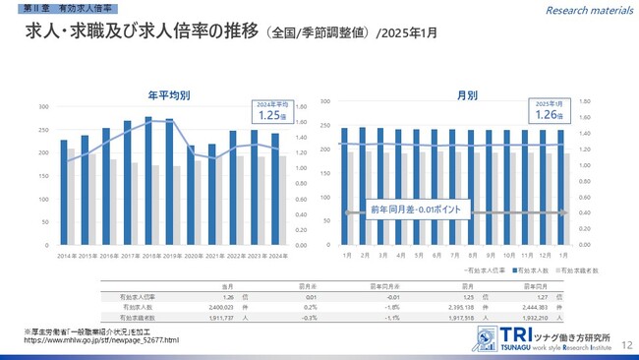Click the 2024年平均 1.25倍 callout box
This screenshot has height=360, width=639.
pos(271,111)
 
